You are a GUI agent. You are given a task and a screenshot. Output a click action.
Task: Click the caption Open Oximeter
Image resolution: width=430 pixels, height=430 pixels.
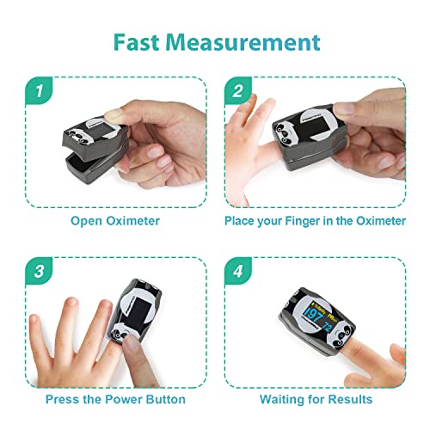[114, 221]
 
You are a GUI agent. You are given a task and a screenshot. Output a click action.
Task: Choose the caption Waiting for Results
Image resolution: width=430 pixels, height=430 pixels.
[316, 400]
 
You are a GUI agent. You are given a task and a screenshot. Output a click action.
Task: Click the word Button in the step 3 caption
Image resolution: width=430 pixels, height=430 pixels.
[163, 400]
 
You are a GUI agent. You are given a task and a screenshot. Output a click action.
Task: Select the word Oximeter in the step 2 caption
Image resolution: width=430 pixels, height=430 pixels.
[378, 221]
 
